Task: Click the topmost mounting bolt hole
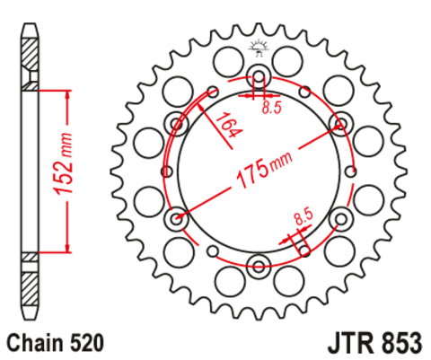(x=259, y=75)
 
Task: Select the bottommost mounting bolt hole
(x=259, y=263)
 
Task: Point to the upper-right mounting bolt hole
(x=340, y=122)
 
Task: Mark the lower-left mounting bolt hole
(x=177, y=216)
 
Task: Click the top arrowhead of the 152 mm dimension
(x=66, y=93)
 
